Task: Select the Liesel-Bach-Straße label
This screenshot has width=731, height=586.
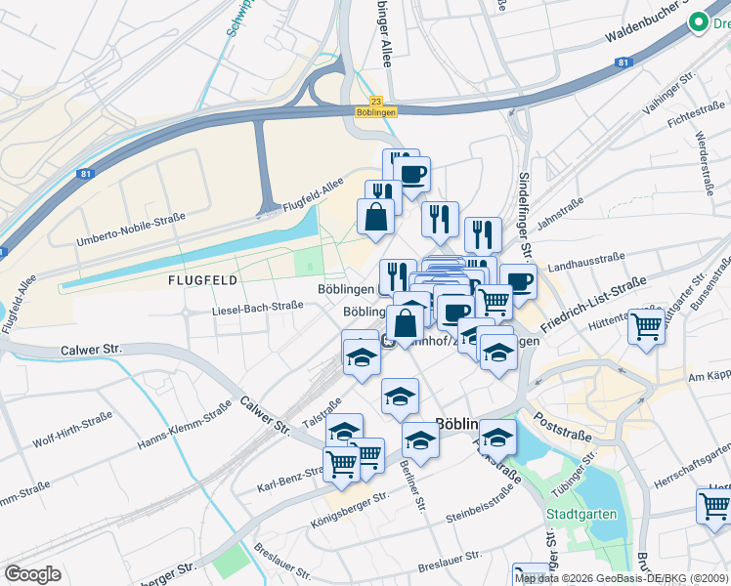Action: click(258, 307)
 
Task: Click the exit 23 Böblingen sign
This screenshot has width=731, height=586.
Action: click(377, 106)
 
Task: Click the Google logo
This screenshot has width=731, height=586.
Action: click(32, 574)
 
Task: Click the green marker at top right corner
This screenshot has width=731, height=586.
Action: click(699, 22)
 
